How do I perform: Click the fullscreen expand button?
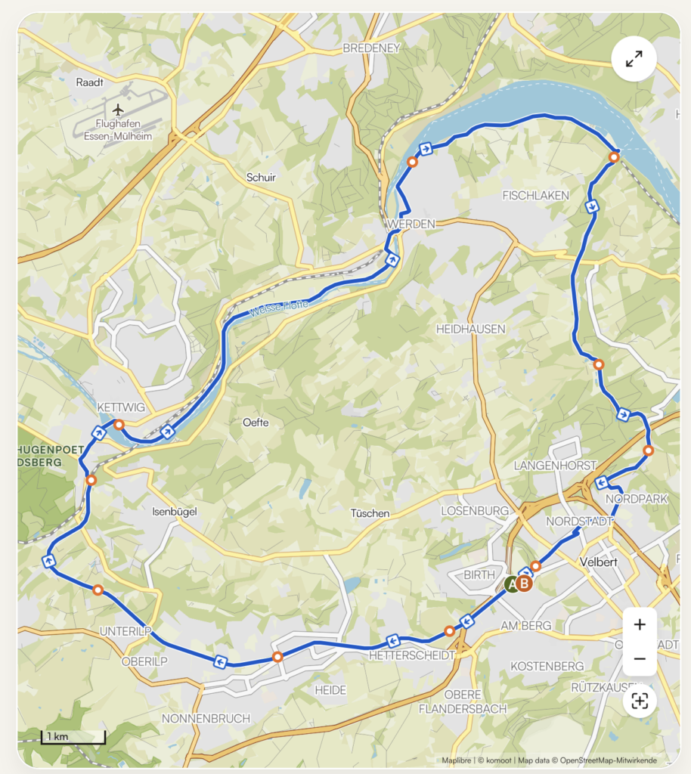pos(634,58)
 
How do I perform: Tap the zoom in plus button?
pos(640,624)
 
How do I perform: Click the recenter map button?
pos(640,701)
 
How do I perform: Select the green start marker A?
pos(512,584)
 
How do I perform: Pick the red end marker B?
pos(525,584)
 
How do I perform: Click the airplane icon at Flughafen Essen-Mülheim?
pos(118,110)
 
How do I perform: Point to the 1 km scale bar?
pos(73,736)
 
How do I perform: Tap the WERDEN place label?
pos(411,224)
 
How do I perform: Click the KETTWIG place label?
pos(121,407)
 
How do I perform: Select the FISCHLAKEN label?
pos(535,196)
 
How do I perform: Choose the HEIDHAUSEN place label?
pos(470,330)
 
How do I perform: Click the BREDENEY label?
pos(370,48)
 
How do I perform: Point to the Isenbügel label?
pos(174,512)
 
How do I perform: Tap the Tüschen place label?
pos(370,513)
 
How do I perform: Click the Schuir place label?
pos(261,178)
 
